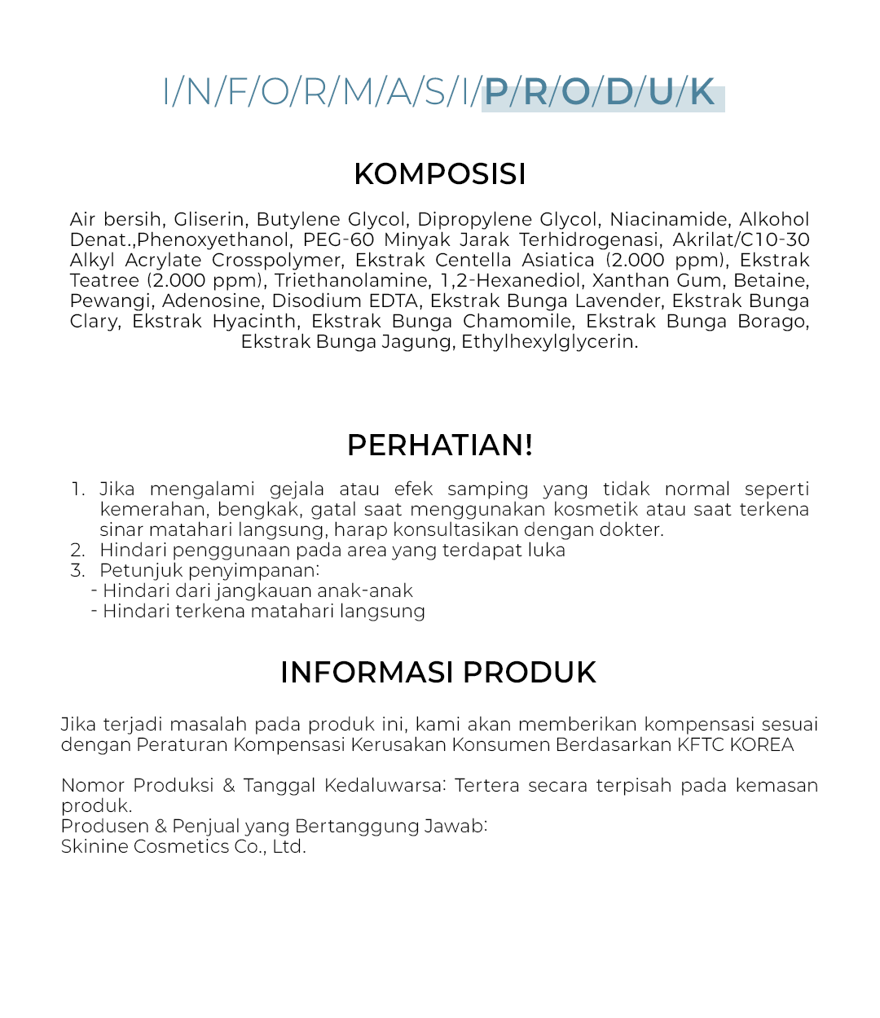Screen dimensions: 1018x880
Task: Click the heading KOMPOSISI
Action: [x=440, y=174]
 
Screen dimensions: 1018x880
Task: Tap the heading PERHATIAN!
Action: [x=440, y=445]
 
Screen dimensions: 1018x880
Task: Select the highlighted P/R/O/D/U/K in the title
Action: [x=601, y=93]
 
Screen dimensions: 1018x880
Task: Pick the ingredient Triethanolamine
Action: [x=351, y=281]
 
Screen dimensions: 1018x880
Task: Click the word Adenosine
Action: [x=211, y=301]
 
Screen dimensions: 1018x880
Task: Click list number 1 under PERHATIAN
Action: [x=77, y=489]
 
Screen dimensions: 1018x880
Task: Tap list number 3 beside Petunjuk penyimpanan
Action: [x=77, y=571]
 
